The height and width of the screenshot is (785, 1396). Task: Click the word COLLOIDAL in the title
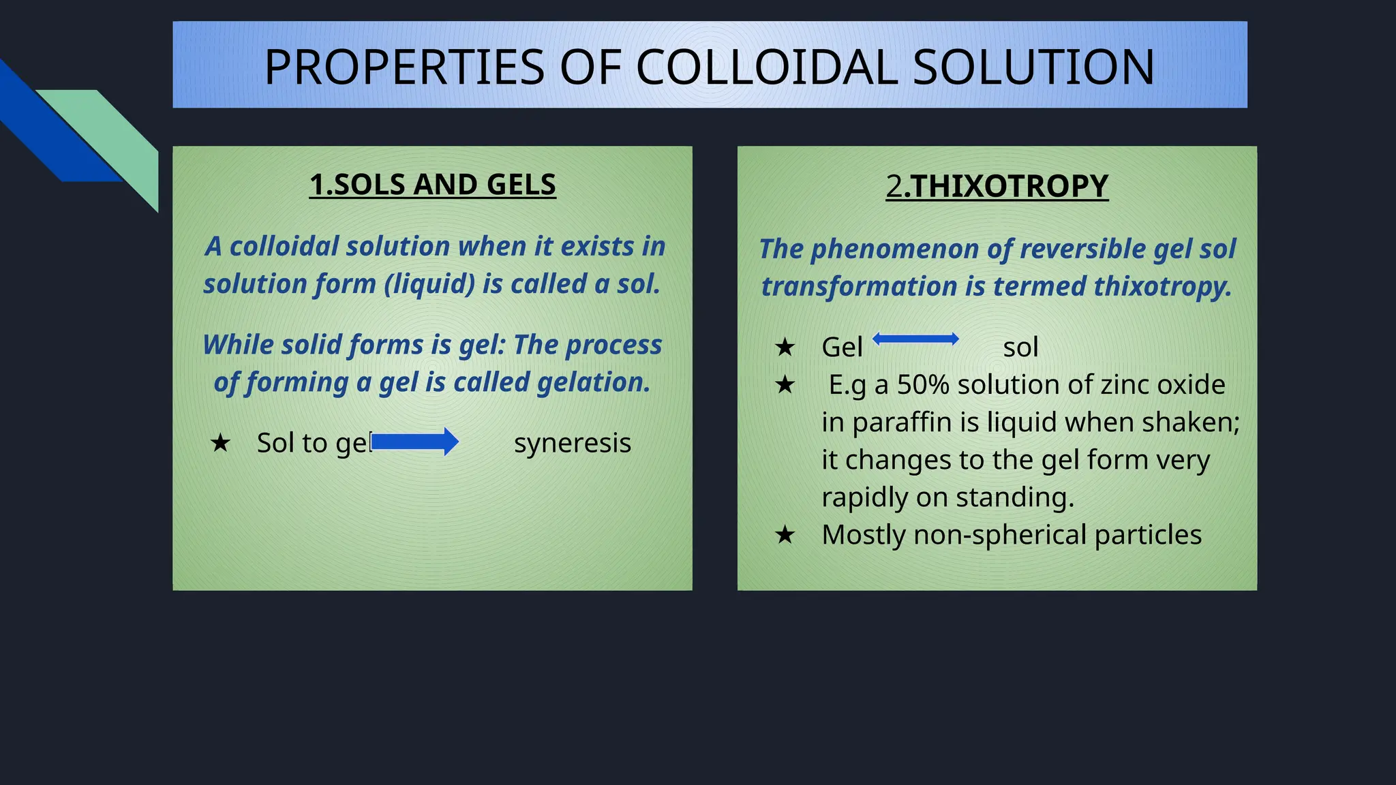point(767,67)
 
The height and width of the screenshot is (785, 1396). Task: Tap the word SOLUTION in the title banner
point(1033,67)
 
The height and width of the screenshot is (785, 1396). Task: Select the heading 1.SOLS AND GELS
point(433,185)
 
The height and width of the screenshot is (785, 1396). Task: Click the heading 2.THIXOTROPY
point(997,186)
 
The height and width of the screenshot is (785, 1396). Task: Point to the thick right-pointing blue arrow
point(414,442)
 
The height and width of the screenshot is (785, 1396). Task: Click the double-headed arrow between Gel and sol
point(915,339)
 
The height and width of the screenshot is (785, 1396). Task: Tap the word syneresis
point(573,443)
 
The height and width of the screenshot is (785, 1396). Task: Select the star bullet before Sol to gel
point(220,444)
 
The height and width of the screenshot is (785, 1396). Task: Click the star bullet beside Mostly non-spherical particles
point(785,535)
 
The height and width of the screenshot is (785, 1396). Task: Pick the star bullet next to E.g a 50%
point(785,385)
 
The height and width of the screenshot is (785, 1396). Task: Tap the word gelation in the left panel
point(593,382)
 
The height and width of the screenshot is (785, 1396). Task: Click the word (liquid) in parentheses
point(429,284)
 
